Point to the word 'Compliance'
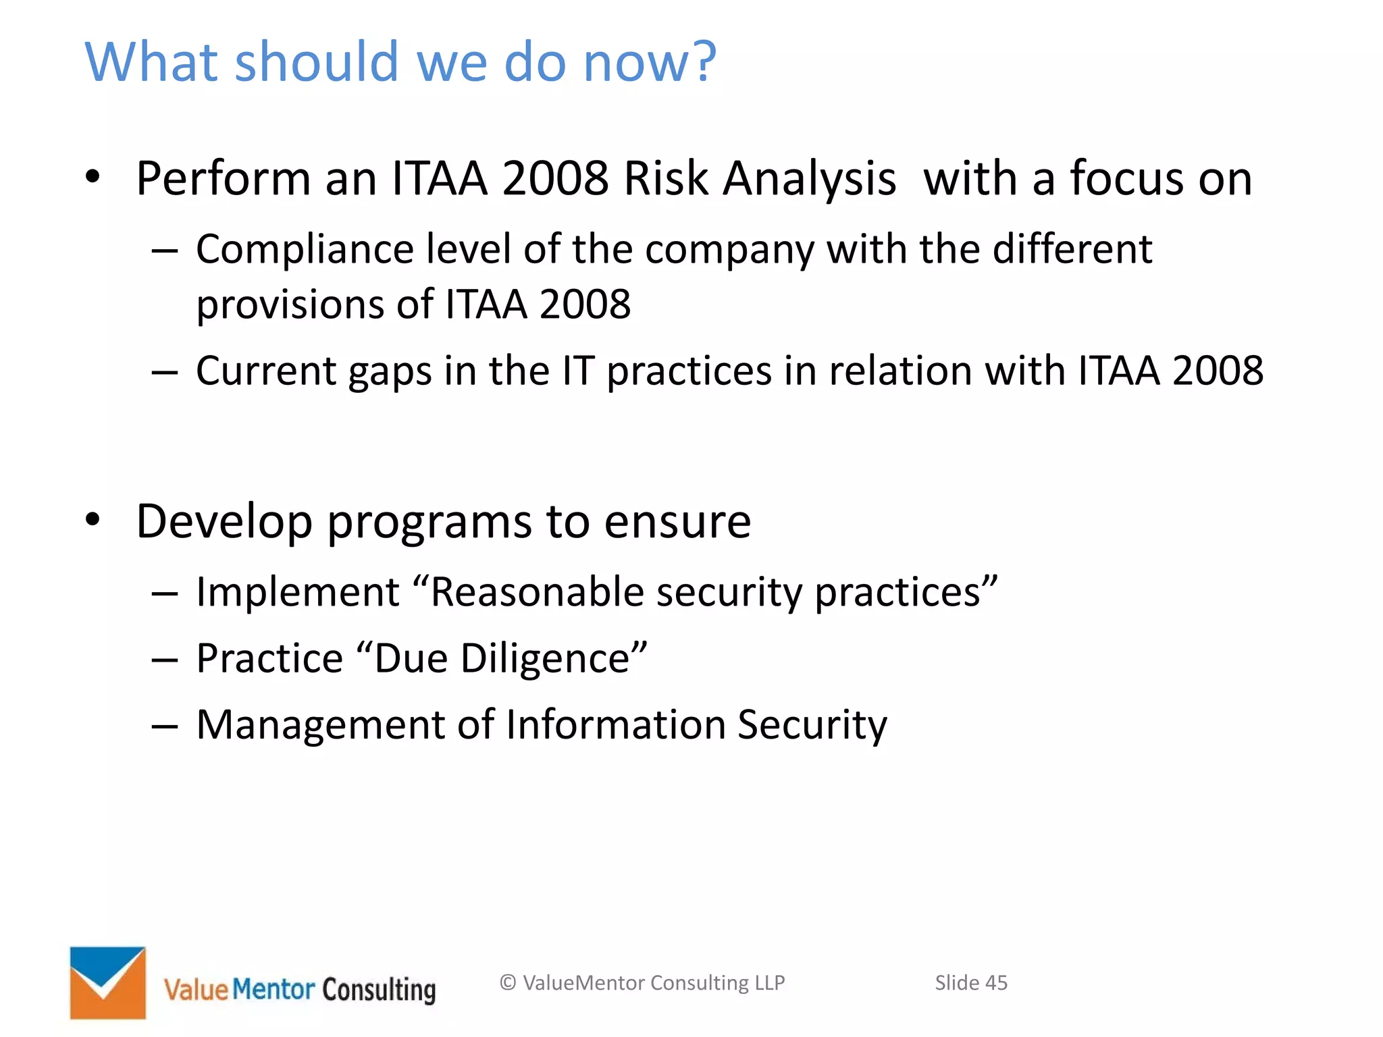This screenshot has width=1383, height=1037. click(x=305, y=250)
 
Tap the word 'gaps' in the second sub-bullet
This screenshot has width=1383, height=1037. click(x=390, y=372)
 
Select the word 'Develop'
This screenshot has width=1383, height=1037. click(x=224, y=522)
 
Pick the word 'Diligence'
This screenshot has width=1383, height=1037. click(x=545, y=659)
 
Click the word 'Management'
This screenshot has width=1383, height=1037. click(x=320, y=724)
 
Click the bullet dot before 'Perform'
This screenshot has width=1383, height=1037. click(x=93, y=178)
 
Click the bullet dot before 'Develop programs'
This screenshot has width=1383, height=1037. click(x=93, y=520)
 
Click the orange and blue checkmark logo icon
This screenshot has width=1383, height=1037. click(x=108, y=982)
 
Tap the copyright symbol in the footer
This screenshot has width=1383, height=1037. click(x=508, y=983)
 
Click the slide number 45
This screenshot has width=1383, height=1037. click(x=996, y=983)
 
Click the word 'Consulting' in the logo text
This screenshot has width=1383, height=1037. click(x=379, y=990)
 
